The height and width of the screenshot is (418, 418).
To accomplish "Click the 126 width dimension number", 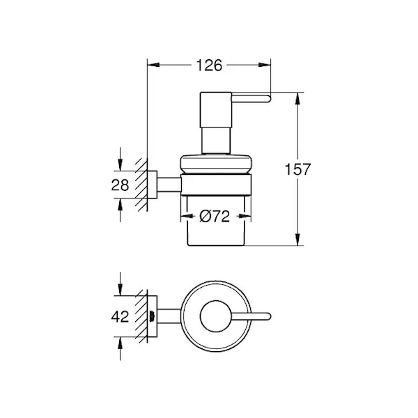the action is pyautogui.click(x=209, y=65).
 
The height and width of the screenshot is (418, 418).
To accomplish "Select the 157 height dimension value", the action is pyautogui.click(x=297, y=169).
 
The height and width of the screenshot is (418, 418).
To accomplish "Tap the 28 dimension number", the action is pyautogui.click(x=120, y=185).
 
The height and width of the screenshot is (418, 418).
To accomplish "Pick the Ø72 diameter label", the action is pyautogui.click(x=215, y=216).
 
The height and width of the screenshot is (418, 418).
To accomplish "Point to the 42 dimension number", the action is pyautogui.click(x=120, y=317).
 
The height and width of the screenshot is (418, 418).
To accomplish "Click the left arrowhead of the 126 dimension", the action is pyautogui.click(x=153, y=65).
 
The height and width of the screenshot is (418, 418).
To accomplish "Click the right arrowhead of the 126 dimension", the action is pyautogui.click(x=265, y=65).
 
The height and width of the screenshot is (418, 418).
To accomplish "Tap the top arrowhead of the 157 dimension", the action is pyautogui.click(x=297, y=98).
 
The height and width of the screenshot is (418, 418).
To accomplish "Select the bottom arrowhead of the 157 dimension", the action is pyautogui.click(x=297, y=240).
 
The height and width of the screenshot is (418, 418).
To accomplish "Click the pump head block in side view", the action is pyautogui.click(x=216, y=110).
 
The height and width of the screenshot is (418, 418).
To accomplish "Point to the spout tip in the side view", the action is pyautogui.click(x=269, y=98).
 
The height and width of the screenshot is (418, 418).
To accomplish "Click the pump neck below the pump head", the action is pyautogui.click(x=216, y=141).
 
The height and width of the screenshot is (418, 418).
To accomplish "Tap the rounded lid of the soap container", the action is pyautogui.click(x=216, y=164).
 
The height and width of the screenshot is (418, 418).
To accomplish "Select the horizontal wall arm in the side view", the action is pyautogui.click(x=169, y=185).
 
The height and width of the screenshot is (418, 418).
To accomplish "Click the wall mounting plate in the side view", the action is pyautogui.click(x=152, y=185).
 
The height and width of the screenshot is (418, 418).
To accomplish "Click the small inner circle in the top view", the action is pyautogui.click(x=216, y=316).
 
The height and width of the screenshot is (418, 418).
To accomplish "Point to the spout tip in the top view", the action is pyautogui.click(x=269, y=316).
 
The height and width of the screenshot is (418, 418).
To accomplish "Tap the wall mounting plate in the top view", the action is pyautogui.click(x=152, y=316).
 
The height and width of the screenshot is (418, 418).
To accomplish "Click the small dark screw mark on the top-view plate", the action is pyautogui.click(x=152, y=316).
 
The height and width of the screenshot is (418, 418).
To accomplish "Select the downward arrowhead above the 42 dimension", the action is pyautogui.click(x=121, y=290).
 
